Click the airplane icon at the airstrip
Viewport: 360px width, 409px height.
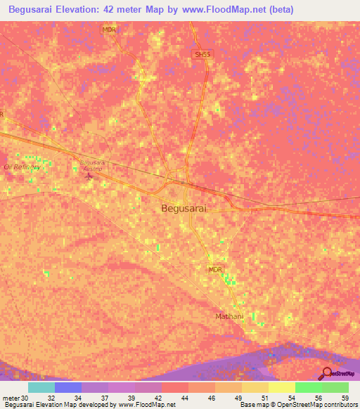(x=88, y=174)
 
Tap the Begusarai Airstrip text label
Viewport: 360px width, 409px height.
(x=91, y=165)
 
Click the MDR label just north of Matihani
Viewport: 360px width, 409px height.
(x=215, y=269)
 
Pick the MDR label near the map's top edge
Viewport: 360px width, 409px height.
(x=108, y=30)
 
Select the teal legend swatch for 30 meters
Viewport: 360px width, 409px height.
(x=41, y=387)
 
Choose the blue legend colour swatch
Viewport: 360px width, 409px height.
(x=68, y=387)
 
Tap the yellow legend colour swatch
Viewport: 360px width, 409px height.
(x=281, y=387)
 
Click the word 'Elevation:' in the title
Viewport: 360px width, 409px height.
(x=89, y=9)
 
